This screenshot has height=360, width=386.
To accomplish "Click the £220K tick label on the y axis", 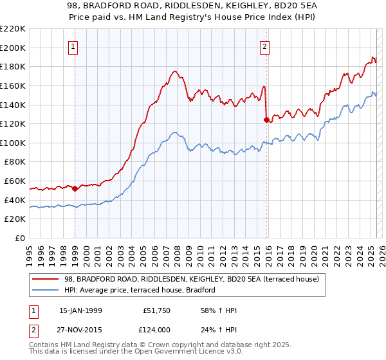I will [x=13, y=29].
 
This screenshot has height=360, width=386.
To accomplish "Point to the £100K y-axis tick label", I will [x=13, y=143].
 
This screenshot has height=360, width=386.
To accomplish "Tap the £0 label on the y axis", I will [x=20, y=238].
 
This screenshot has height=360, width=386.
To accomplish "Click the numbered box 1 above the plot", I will [x=75, y=46].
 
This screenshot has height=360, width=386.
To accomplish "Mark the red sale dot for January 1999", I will [x=75, y=188].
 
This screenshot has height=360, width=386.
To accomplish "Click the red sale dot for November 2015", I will [x=266, y=120].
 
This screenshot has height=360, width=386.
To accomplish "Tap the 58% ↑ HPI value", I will [x=219, y=310].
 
